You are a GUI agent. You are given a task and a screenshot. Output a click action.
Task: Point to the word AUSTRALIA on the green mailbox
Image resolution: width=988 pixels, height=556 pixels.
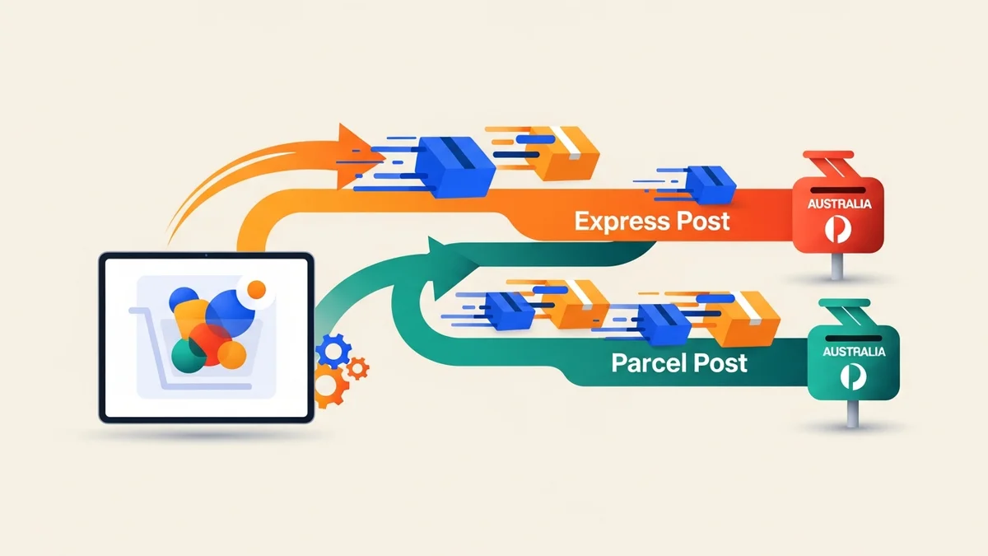pyautogui.click(x=853, y=351)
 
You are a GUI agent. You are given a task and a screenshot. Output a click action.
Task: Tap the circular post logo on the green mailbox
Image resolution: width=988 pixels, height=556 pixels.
pyautogui.click(x=853, y=376)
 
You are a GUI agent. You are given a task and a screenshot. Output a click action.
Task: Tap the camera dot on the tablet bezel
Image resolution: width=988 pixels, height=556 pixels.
pyautogui.click(x=206, y=257)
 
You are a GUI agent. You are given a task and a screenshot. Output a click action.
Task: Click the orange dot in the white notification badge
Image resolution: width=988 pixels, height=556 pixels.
pyautogui.click(x=257, y=289)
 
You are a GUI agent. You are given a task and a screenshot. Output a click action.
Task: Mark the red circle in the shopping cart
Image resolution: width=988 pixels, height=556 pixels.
pyautogui.click(x=209, y=344)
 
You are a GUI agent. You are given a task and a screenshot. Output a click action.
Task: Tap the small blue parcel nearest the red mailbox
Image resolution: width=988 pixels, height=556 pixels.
pyautogui.click(x=708, y=184)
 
